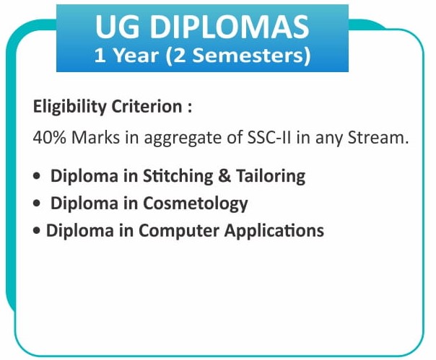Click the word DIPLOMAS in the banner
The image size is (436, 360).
point(230,27)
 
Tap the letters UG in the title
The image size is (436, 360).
point(117,27)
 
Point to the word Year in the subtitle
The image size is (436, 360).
point(136,55)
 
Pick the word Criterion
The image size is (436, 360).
point(147,107)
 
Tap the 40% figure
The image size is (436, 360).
point(50,138)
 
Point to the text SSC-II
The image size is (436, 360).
point(269,138)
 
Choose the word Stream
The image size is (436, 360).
point(378,138)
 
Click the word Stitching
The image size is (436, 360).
point(178,177)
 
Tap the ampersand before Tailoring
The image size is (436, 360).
point(224,176)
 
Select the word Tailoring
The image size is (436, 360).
point(271,177)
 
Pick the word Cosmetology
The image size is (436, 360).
point(195,204)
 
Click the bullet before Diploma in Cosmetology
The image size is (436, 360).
point(36,203)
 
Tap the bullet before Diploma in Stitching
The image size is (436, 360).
point(36,176)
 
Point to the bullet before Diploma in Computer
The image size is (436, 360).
point(36,231)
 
